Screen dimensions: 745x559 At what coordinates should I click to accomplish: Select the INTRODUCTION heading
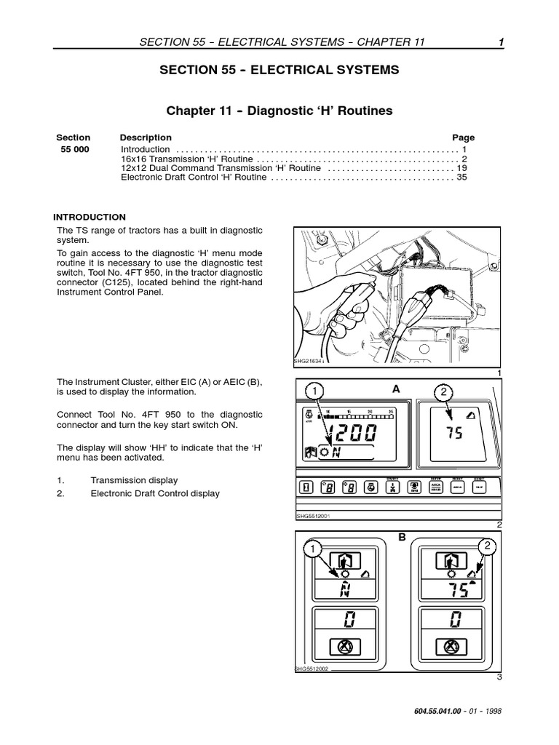coord(90,217)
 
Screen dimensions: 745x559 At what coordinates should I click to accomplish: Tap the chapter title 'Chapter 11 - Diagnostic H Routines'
coord(279,111)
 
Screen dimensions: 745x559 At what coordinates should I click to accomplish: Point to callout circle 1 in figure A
coord(314,392)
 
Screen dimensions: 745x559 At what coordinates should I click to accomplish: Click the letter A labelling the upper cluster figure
coord(396,389)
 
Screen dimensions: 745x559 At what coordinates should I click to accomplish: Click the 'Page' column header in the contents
coord(463,138)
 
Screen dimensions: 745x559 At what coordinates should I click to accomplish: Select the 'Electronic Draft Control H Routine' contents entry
coord(194,177)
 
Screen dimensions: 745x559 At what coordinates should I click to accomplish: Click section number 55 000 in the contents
coord(73,149)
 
